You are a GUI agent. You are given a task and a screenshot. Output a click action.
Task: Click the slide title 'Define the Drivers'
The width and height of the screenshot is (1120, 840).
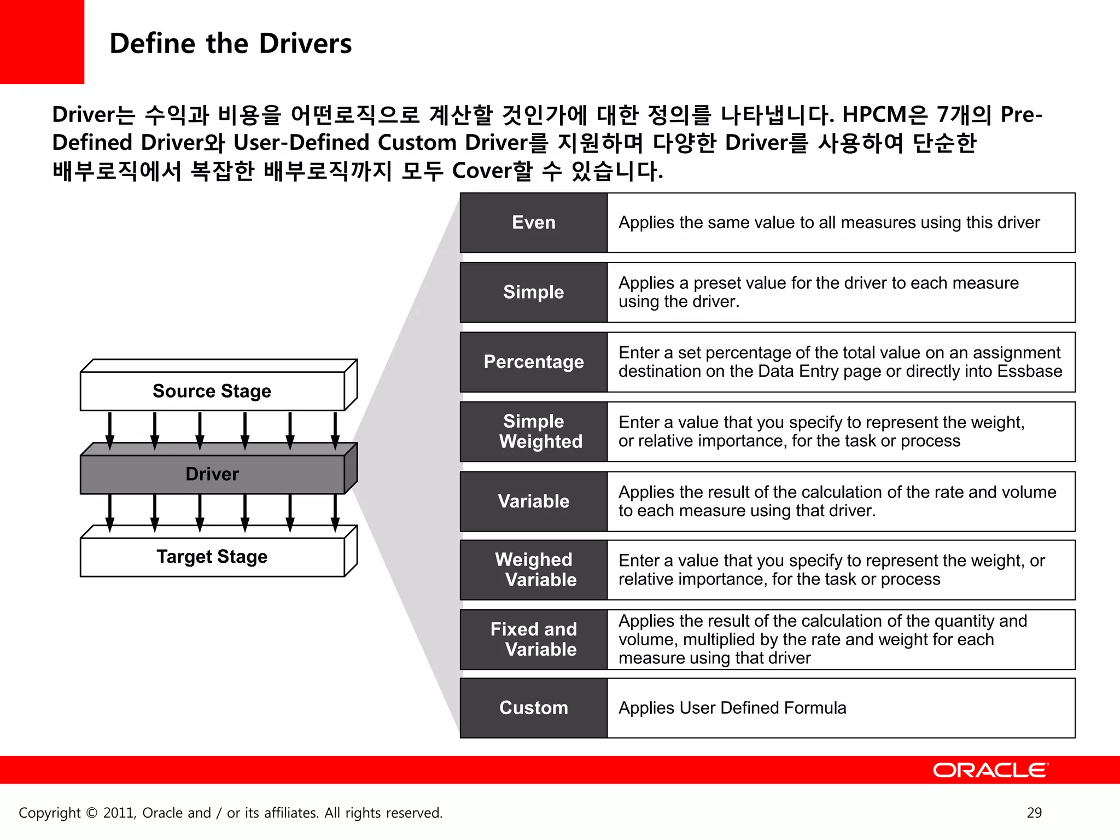pos(230,44)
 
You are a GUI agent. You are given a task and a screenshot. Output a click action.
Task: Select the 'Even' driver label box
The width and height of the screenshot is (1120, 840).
pos(533,223)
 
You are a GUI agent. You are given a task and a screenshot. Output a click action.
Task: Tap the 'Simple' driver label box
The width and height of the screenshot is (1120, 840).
pos(533,292)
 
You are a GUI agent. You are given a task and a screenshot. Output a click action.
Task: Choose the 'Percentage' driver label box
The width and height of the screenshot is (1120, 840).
pos(533,362)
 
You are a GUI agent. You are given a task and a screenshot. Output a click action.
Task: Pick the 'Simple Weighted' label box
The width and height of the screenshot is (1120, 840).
pos(533,431)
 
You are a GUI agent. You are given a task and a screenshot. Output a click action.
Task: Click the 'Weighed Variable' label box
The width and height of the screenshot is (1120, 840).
pos(533,570)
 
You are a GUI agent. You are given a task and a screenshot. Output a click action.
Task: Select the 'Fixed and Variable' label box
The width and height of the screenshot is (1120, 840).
pos(533,639)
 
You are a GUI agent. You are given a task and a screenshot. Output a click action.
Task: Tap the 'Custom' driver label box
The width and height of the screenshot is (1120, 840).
pos(533,708)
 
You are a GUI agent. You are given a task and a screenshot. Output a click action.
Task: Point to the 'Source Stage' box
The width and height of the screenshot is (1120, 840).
pos(212,391)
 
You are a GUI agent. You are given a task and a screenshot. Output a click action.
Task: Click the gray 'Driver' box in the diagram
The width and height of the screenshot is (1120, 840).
pos(212,474)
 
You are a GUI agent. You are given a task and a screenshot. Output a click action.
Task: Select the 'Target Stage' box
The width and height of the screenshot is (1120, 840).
pos(212,557)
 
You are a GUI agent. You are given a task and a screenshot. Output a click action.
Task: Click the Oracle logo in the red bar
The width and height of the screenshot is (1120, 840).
pos(990,770)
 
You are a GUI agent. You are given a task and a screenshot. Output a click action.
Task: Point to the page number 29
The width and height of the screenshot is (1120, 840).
pos(1034,813)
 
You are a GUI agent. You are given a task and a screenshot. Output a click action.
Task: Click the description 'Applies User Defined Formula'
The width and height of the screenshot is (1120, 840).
pos(732,708)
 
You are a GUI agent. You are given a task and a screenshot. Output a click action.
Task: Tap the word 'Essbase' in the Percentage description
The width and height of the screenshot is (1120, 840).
pos(1029,371)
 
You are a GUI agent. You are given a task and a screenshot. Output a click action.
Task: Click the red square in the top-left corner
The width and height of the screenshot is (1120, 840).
pos(42,42)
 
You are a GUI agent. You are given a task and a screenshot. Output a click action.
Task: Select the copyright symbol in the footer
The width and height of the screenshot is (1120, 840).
pos(92,813)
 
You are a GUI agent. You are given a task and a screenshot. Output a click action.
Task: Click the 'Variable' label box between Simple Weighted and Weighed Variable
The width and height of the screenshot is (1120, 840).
pos(533,501)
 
